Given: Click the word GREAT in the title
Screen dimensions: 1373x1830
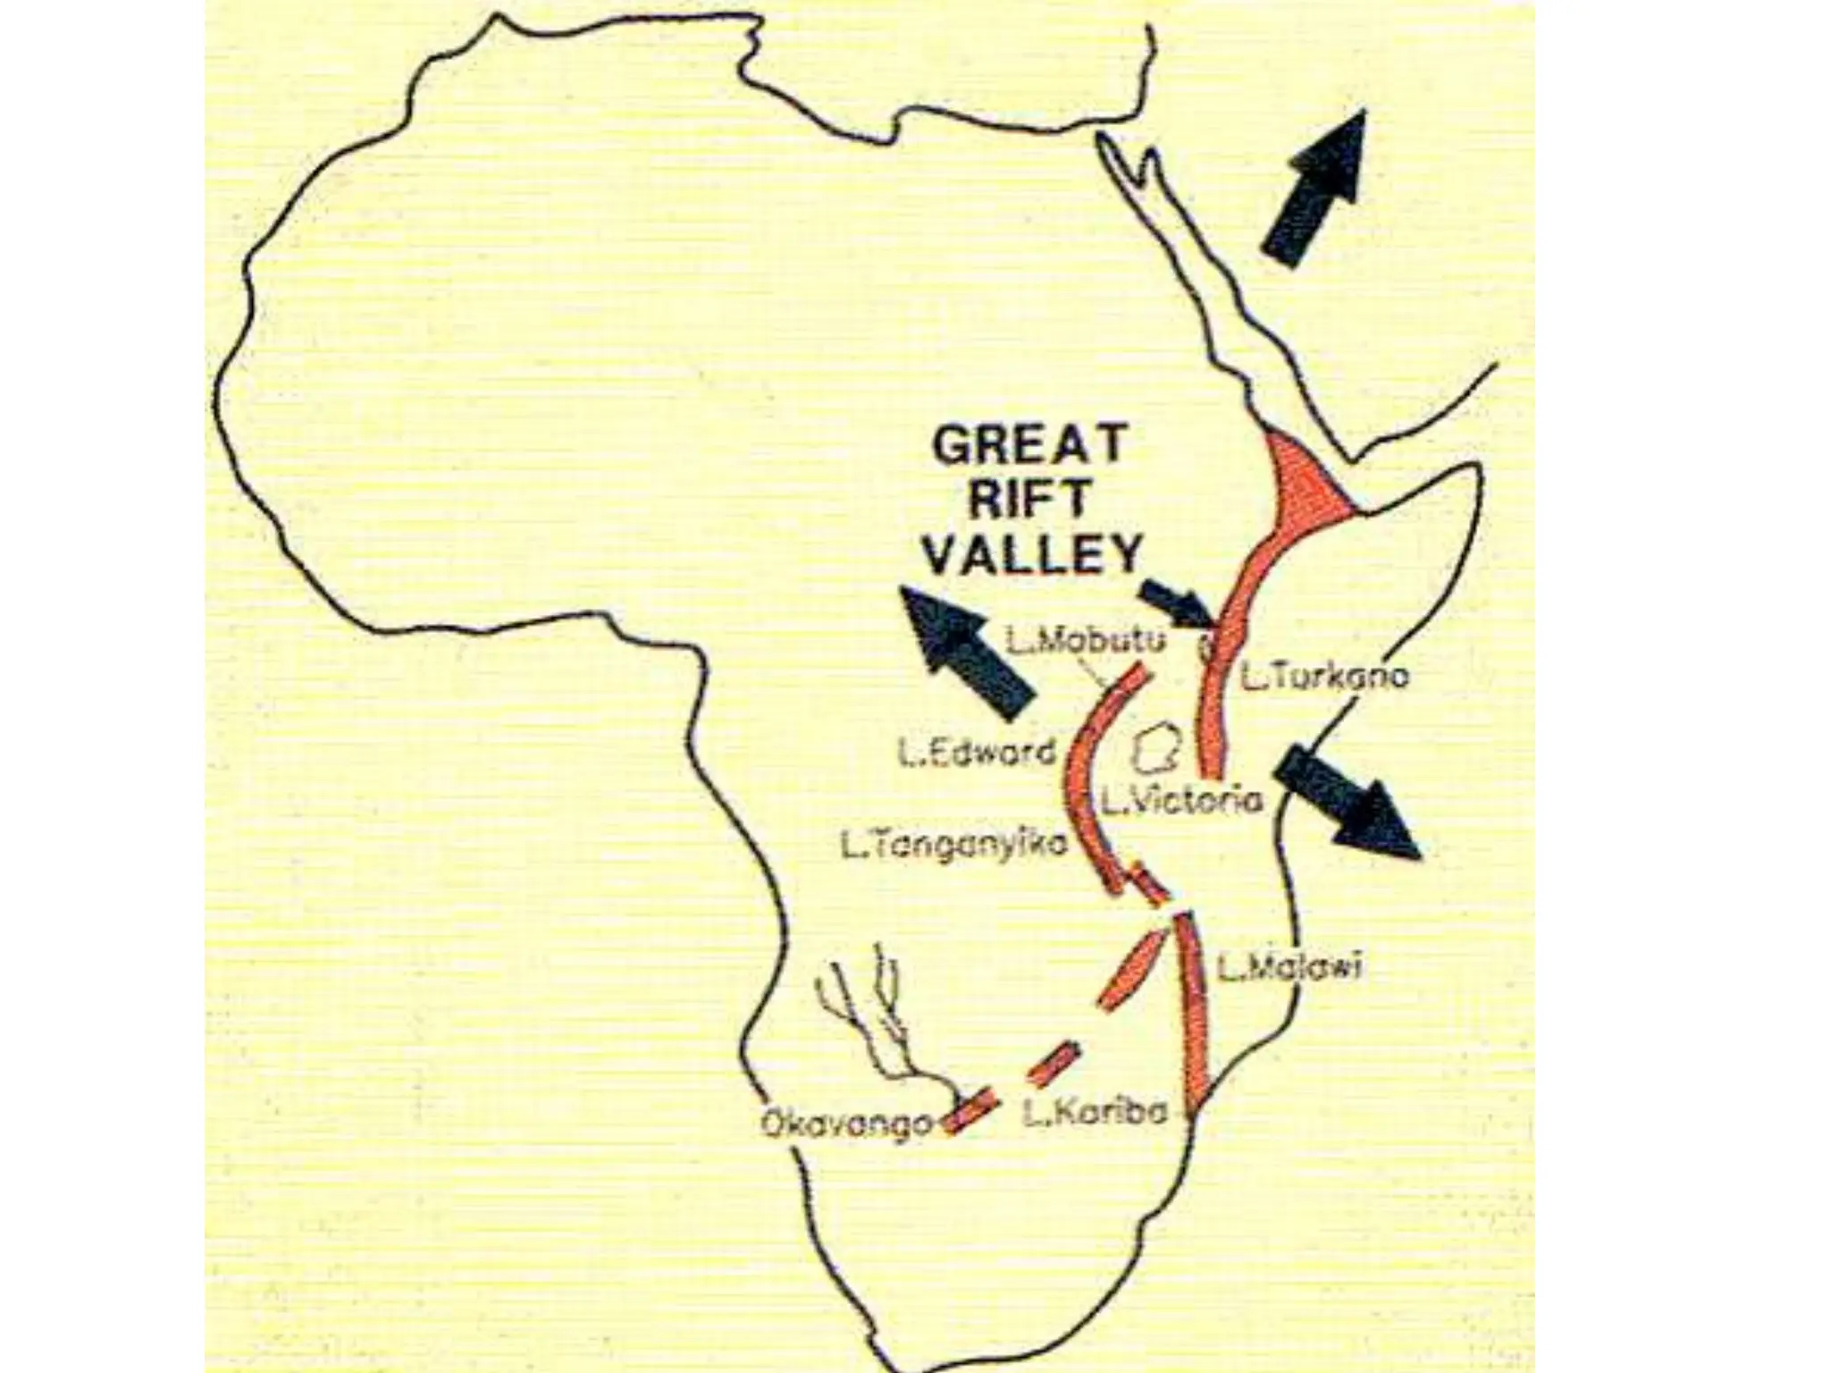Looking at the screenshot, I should coord(1028,446).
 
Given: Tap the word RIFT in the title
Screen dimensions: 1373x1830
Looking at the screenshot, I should coord(1029,499).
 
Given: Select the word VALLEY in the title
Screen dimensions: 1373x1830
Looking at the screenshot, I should coord(1033,553).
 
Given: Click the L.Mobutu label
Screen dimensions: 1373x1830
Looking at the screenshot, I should coord(1086,640).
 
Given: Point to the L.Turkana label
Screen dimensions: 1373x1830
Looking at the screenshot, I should coord(1324,676).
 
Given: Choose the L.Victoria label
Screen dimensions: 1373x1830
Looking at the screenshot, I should coord(1181,801).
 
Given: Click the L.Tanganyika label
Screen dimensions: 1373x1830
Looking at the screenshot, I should coord(954,844).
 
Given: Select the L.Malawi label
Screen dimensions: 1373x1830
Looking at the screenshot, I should coord(1290,967).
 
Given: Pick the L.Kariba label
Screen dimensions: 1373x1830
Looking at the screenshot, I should coord(1095,1113).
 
